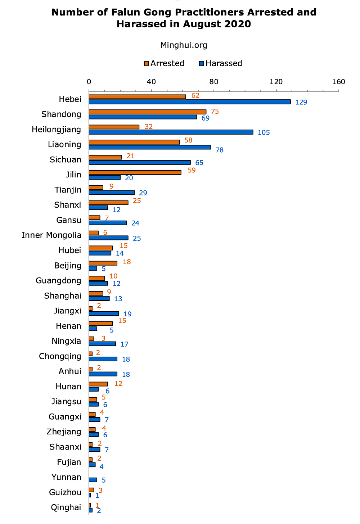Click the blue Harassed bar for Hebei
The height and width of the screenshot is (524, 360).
(190, 102)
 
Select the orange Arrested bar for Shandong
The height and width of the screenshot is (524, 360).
(148, 112)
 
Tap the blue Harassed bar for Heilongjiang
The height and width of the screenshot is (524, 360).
(171, 132)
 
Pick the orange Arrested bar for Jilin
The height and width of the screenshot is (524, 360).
(135, 172)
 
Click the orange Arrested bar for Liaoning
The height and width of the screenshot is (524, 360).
(134, 142)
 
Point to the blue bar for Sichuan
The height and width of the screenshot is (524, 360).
(140, 162)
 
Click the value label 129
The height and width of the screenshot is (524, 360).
(301, 102)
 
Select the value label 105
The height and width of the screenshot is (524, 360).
(264, 132)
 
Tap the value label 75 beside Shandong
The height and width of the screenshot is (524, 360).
(215, 111)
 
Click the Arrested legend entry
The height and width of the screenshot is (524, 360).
(164, 63)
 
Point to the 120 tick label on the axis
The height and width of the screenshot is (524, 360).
(276, 82)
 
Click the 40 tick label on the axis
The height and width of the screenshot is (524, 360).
(151, 82)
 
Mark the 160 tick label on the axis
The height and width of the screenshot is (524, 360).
(339, 82)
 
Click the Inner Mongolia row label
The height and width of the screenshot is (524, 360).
(51, 235)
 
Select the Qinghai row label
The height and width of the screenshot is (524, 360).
(66, 507)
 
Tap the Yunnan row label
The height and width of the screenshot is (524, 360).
(66, 477)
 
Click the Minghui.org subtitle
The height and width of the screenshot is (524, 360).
(184, 45)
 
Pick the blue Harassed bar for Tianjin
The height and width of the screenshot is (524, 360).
(112, 193)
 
